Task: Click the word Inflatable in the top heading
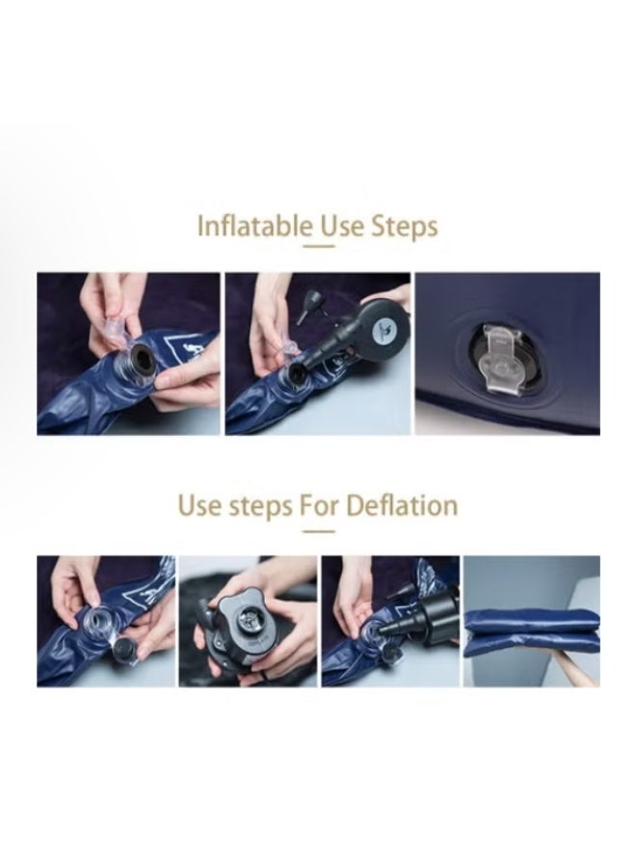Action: (254, 226)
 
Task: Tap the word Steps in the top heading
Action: (405, 227)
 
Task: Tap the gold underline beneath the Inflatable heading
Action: (319, 246)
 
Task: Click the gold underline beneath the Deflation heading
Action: (319, 531)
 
